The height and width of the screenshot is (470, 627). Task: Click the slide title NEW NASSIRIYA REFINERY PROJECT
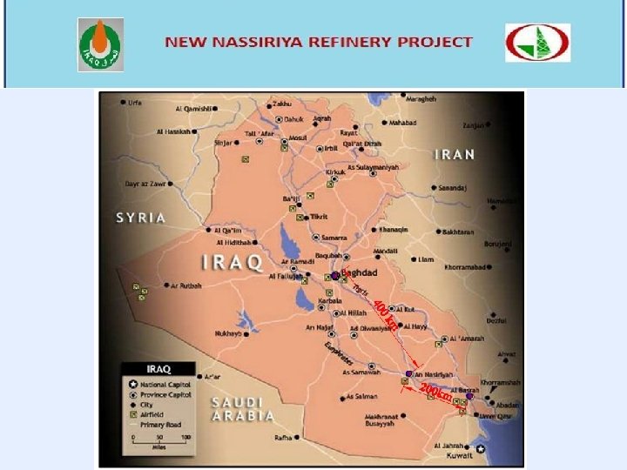coord(320,42)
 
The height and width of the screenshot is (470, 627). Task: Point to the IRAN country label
coord(455,154)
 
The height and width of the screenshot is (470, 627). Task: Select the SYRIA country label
coord(141,217)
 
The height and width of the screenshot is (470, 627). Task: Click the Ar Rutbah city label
coord(185,285)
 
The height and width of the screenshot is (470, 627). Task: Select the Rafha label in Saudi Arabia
coord(284,437)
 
